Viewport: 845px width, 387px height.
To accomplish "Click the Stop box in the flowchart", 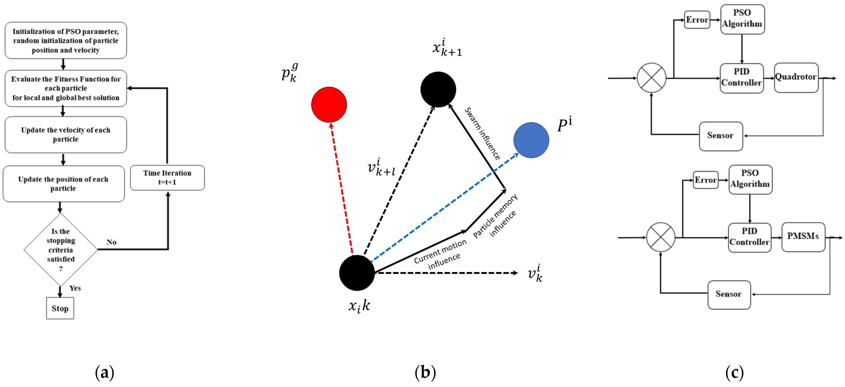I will coord(60,308).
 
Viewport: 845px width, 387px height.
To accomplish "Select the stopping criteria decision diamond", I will coord(61,250).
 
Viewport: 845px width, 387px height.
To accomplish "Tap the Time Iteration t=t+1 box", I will coord(167,178).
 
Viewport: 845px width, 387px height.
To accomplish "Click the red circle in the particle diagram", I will coord(329,105).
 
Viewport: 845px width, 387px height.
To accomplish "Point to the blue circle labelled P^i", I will coord(531,140).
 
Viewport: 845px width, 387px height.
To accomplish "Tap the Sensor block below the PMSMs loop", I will coord(729,295).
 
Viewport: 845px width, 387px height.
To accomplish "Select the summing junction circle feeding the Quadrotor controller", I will coord(651,78).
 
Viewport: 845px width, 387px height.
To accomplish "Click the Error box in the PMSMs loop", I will coord(706,180).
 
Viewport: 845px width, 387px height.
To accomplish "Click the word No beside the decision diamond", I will coord(111,242).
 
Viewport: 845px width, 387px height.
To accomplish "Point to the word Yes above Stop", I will coord(75,288).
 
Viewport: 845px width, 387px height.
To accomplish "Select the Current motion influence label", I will coord(440,254).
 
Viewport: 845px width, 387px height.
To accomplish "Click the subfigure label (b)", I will coord(425,373).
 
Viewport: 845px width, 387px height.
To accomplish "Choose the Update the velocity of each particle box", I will coord(66,135).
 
